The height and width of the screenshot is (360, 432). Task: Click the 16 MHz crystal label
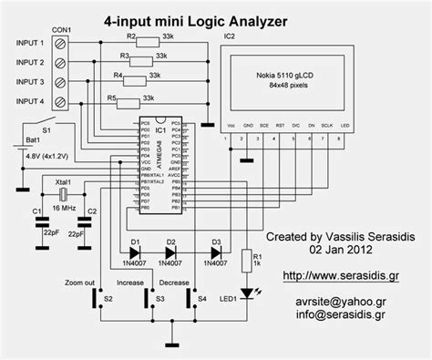(61, 208)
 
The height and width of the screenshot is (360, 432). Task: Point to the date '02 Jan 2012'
(343, 247)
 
